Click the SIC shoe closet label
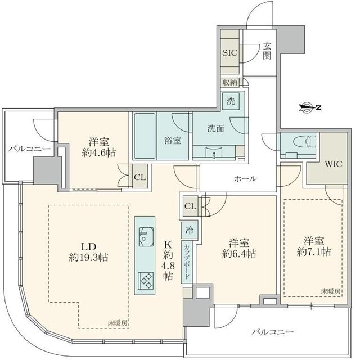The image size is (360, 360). point(229,53)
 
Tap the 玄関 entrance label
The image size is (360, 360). point(267,51)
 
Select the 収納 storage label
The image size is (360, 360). point(230,83)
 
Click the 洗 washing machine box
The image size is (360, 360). point(231,101)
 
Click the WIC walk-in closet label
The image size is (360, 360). point(334,164)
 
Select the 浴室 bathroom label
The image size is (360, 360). point(173,140)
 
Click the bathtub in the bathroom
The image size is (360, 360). point(145,136)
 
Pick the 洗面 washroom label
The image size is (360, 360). point(216,128)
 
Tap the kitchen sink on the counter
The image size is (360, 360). point(145,237)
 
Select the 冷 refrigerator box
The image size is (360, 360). point(190,230)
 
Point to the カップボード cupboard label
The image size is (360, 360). point(187,261)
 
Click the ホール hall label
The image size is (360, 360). point(245,179)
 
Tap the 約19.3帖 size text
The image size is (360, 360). point(89,258)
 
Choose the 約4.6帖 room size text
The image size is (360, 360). point(99,152)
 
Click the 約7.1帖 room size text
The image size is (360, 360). point(314,252)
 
